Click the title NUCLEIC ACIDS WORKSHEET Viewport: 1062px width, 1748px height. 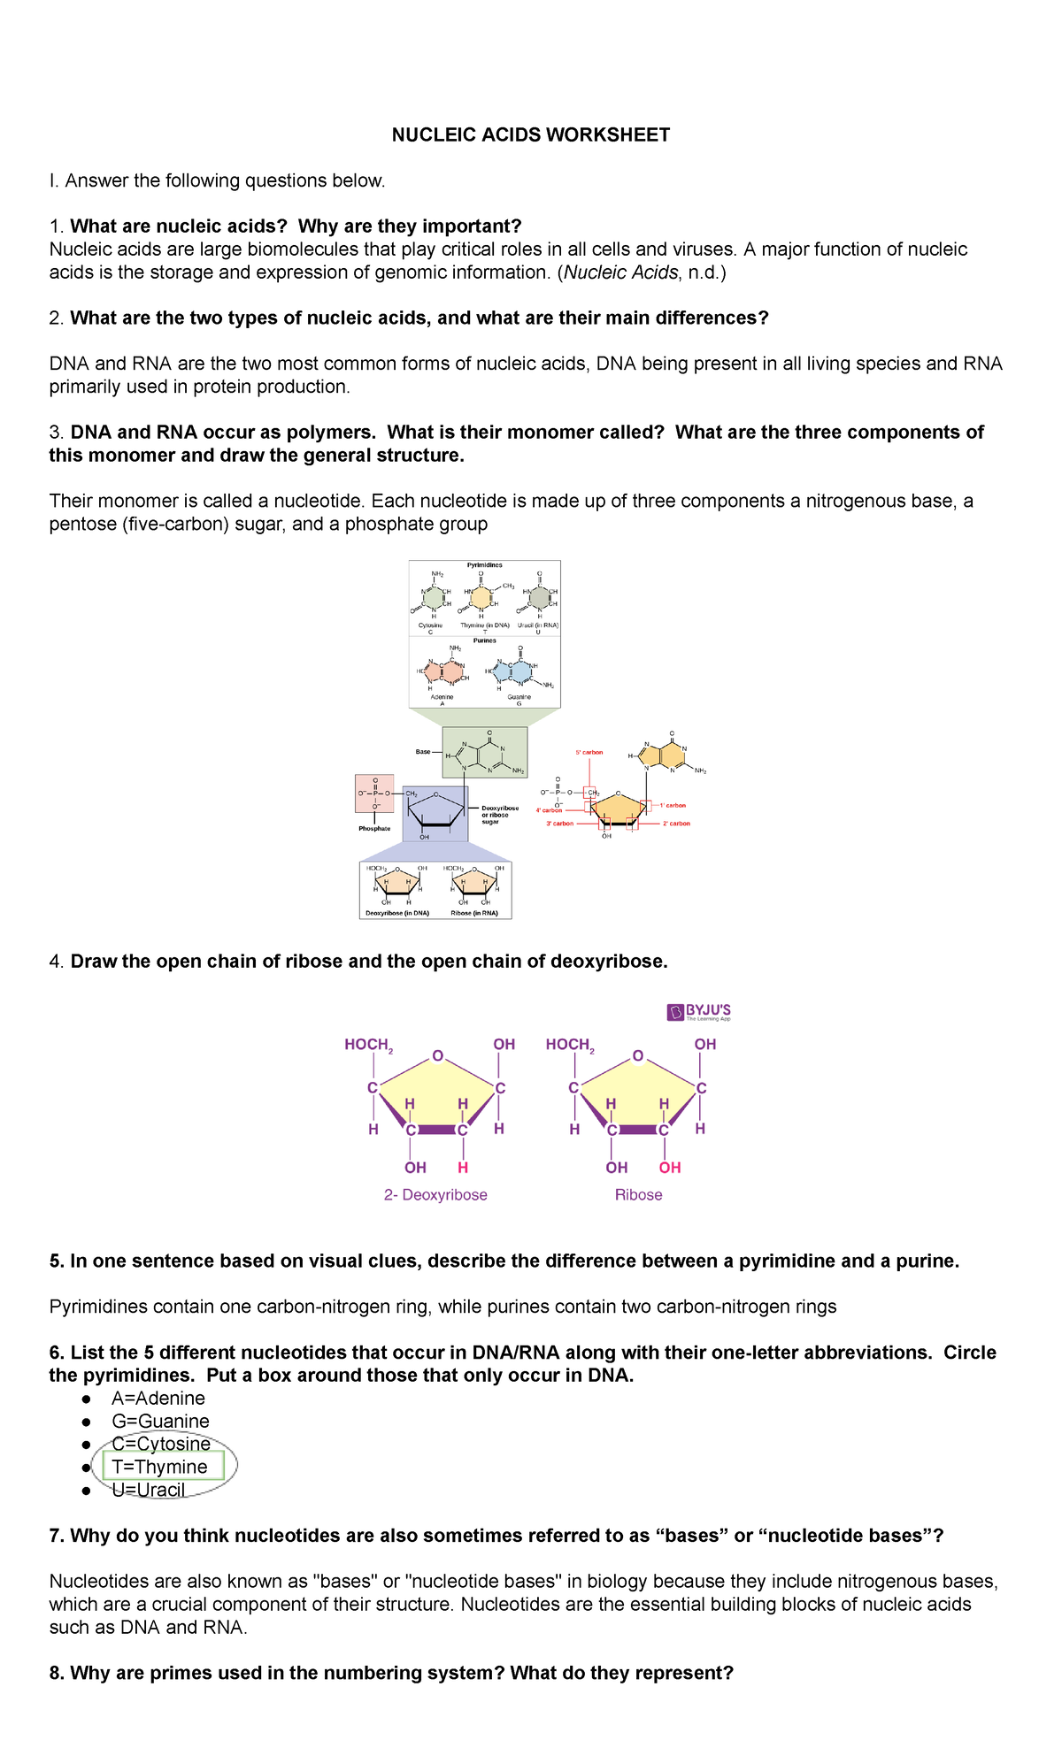tap(531, 134)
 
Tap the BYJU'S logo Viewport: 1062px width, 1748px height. tap(699, 1012)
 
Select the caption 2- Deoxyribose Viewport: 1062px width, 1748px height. tap(435, 1194)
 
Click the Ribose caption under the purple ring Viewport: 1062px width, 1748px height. tap(638, 1194)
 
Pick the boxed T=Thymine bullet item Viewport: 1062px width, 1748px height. tap(159, 1467)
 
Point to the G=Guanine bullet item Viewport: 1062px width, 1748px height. tap(160, 1421)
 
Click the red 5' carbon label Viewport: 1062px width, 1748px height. tap(589, 752)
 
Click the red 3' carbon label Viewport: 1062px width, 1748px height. tap(559, 824)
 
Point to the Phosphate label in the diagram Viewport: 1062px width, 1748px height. tap(374, 829)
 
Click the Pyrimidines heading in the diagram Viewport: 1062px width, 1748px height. tap(484, 564)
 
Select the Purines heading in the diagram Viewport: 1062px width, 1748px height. tap(484, 640)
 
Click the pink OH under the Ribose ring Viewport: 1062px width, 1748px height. tap(670, 1168)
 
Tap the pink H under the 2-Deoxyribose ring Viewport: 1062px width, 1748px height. tap(463, 1168)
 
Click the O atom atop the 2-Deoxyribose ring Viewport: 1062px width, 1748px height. tap(437, 1055)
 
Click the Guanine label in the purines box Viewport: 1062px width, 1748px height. tap(519, 697)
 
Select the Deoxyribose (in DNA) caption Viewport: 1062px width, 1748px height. tap(397, 913)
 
